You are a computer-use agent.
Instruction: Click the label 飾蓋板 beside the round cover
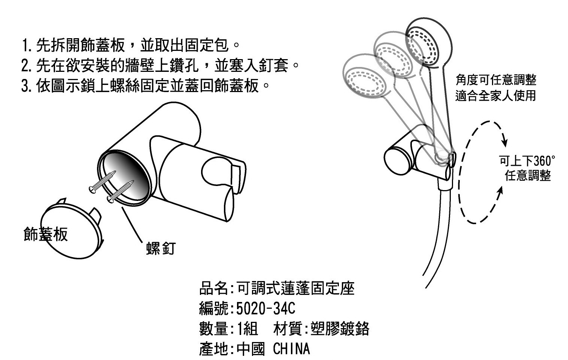[45, 234]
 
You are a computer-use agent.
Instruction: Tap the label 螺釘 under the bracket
[160, 248]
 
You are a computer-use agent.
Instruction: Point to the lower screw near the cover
[121, 191]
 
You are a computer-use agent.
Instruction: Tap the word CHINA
[291, 349]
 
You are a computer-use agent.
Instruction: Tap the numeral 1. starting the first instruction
[27, 46]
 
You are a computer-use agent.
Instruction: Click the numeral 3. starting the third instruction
[27, 86]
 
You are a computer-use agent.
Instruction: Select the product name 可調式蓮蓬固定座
[296, 289]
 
